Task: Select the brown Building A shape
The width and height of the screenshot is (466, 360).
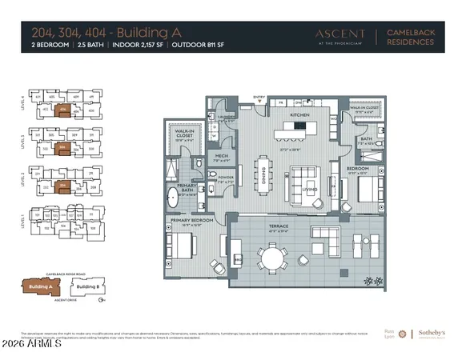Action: click(40, 286)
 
